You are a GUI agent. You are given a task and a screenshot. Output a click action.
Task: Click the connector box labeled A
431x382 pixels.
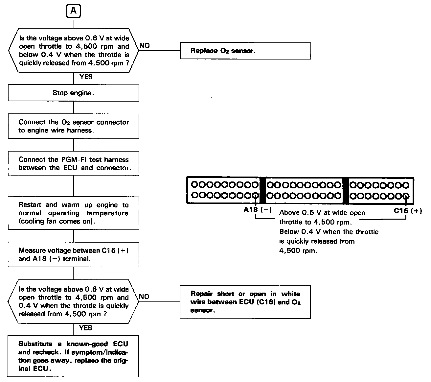tap(74, 11)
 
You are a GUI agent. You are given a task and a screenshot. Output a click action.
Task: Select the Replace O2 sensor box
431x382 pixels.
tap(245, 51)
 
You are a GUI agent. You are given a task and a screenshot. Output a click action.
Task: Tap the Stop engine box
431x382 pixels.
tap(73, 93)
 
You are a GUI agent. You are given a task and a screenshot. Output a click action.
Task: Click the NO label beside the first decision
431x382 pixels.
tap(145, 45)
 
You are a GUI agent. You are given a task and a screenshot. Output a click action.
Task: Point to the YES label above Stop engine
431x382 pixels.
tap(86, 77)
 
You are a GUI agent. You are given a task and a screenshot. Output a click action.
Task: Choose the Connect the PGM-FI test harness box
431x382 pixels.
tap(73, 164)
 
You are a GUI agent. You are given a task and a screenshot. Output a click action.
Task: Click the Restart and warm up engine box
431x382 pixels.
tap(73, 213)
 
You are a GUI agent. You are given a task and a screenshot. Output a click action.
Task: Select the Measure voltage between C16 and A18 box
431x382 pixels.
tap(73, 254)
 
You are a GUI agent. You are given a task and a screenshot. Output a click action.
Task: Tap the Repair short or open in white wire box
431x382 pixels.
tap(245, 302)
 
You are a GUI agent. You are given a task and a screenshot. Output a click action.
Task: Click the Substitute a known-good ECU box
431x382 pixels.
tap(73, 356)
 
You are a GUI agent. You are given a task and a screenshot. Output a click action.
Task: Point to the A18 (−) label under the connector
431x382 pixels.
tap(257, 210)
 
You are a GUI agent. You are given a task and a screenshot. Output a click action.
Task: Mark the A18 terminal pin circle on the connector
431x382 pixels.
tap(256, 196)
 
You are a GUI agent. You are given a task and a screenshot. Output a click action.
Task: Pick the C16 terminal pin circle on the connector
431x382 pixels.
tap(406, 196)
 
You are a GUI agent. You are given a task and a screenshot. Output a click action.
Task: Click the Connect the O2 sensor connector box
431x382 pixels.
tap(73, 126)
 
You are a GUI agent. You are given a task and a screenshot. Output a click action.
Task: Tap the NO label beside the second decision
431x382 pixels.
tap(144, 297)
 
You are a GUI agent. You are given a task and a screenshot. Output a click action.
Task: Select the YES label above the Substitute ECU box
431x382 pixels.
tap(86, 328)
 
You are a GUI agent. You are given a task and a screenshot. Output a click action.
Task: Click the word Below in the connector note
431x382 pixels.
tap(289, 232)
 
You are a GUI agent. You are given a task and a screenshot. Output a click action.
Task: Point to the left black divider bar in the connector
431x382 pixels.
tap(262, 190)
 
